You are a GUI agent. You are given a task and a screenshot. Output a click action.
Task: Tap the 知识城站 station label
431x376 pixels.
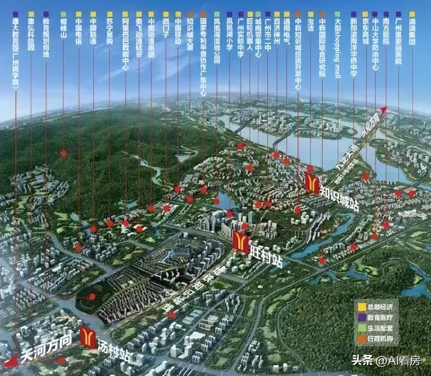click(339, 197)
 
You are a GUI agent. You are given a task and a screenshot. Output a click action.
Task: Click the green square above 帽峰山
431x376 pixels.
click(63, 14)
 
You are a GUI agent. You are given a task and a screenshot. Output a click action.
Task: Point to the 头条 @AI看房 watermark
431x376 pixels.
click(386, 361)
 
